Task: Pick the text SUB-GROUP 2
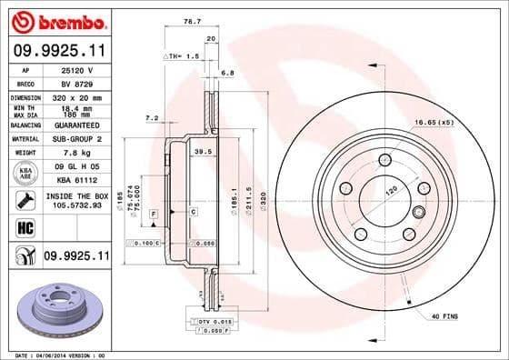pos(76,139)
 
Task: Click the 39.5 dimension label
pos(204,153)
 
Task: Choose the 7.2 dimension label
pos(152,117)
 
